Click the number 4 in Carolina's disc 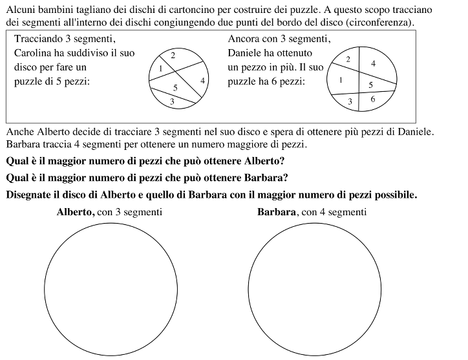(202, 80)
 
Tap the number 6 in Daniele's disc (373, 99)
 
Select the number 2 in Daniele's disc (348, 59)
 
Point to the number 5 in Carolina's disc (175, 87)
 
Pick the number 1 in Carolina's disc (160, 68)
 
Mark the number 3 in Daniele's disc (350, 101)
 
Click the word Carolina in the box (34, 52)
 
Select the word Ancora (242, 38)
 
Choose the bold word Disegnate (30, 193)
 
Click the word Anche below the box (19, 131)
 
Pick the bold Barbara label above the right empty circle (277, 212)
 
